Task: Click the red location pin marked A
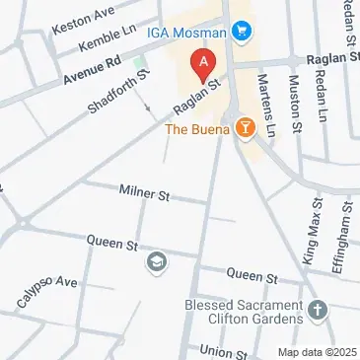(203, 63)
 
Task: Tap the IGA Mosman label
(187, 32)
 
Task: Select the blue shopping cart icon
(241, 32)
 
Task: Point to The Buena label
(198, 129)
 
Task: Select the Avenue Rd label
(91, 66)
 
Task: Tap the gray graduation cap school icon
(156, 261)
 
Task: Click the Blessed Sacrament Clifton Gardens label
(243, 312)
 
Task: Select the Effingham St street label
(344, 230)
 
